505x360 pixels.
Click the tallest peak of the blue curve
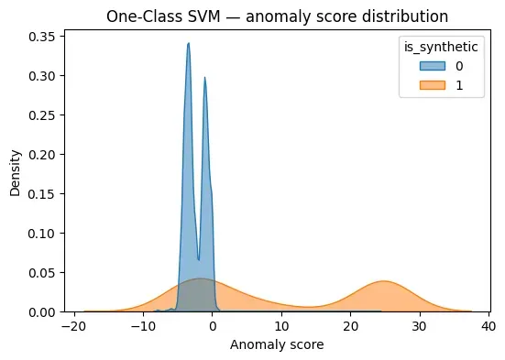pyautogui.click(x=188, y=43)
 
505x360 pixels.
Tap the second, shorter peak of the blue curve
pyautogui.click(x=204, y=78)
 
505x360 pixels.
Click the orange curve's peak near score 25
pyautogui.click(x=384, y=281)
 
